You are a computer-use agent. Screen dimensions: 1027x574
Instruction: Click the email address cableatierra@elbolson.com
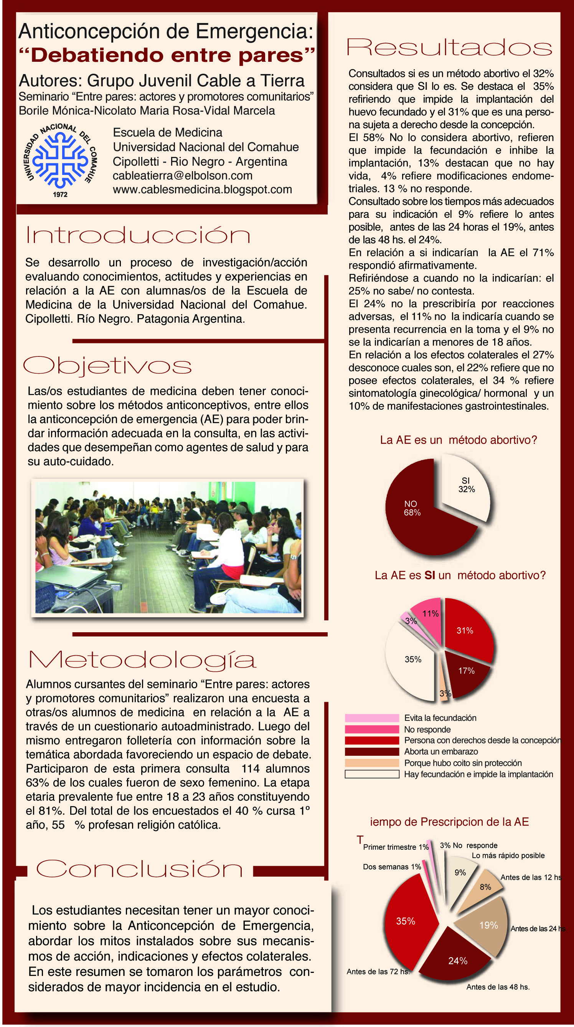click(183, 175)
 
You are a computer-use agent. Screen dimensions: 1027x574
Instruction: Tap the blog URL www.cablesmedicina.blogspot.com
click(202, 190)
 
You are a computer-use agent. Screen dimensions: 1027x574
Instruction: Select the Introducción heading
click(138, 235)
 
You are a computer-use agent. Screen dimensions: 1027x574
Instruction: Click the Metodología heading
click(142, 660)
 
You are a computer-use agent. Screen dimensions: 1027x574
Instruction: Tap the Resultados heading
click(449, 48)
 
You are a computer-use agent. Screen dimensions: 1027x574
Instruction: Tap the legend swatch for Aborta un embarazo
click(371, 752)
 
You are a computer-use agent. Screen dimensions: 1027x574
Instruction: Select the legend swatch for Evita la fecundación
click(371, 718)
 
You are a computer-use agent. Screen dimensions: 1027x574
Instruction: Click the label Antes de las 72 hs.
click(378, 972)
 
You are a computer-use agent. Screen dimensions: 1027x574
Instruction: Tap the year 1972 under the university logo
click(60, 195)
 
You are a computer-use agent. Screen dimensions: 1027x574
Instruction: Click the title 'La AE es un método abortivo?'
click(459, 440)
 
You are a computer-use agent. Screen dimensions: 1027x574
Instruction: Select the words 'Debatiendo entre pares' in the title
click(167, 55)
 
